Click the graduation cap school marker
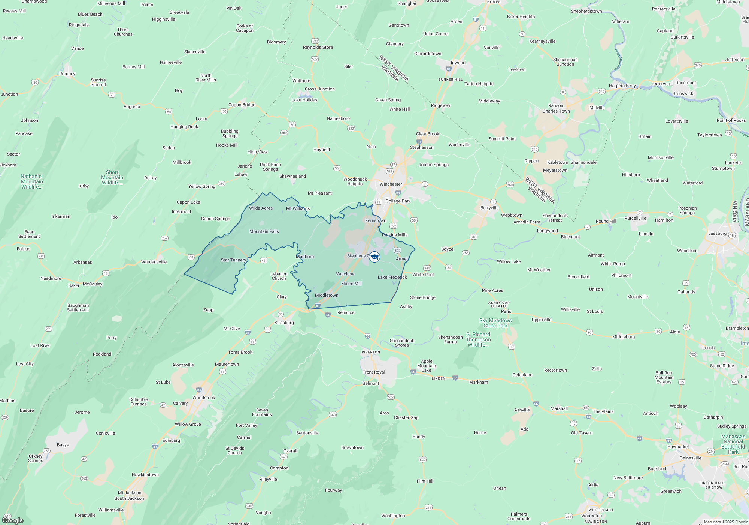[x=374, y=257]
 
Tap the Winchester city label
[x=391, y=184]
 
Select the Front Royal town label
[x=373, y=372]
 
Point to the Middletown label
[x=327, y=295]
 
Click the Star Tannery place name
[x=233, y=260]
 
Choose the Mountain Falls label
[x=264, y=231]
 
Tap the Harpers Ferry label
[x=622, y=85]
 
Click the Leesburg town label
[x=717, y=233]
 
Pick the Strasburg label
[x=284, y=322]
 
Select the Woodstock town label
[x=204, y=397]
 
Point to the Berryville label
[x=489, y=208]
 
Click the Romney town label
[x=67, y=73]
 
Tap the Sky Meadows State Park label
[x=495, y=323]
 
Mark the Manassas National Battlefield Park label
[x=733, y=444]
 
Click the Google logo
[x=13, y=520]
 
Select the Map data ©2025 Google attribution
[x=725, y=522]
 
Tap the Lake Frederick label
[x=392, y=277]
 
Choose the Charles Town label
[x=556, y=111]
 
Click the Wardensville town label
[x=154, y=262]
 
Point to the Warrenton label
[x=591, y=516]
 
